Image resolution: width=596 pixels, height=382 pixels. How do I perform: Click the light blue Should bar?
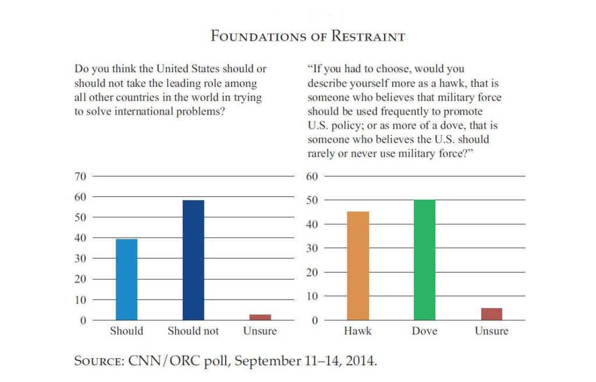(x=126, y=280)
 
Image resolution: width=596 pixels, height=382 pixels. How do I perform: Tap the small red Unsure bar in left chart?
(x=260, y=317)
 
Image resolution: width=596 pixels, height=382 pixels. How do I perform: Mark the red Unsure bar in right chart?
(x=491, y=314)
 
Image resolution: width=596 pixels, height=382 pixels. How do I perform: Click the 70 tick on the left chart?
(x=80, y=176)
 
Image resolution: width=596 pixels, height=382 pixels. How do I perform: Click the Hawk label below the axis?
(x=358, y=331)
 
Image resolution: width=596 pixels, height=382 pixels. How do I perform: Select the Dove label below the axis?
(x=424, y=331)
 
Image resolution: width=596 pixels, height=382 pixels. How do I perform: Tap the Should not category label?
(x=193, y=331)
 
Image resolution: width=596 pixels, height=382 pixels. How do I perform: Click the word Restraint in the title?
(x=368, y=36)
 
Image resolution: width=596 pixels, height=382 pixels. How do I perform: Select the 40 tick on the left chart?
(x=80, y=238)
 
